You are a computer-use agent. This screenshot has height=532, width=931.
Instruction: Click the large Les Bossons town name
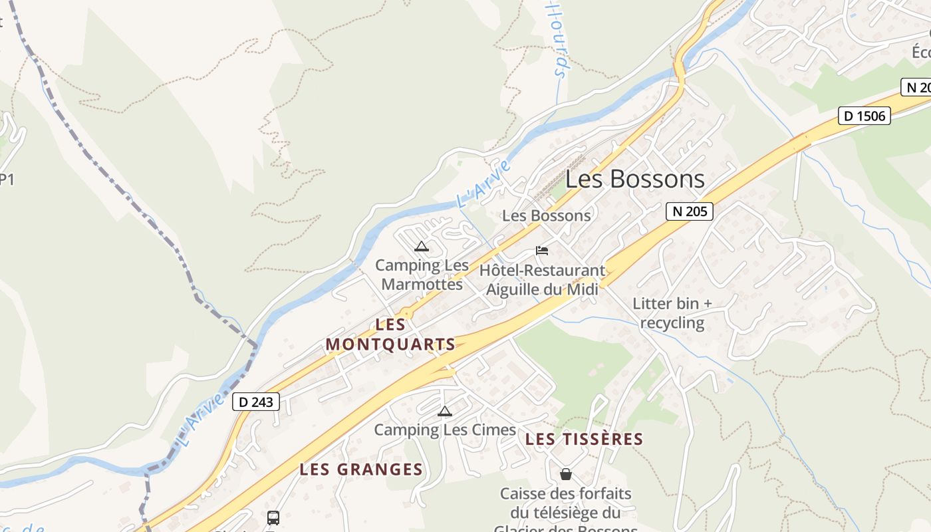(x=635, y=179)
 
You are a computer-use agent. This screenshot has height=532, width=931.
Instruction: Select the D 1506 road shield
(x=864, y=116)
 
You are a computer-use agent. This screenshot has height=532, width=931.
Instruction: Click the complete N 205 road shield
(x=690, y=211)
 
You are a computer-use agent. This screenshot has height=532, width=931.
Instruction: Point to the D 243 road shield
(x=256, y=402)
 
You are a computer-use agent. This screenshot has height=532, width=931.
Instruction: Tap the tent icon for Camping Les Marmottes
(x=421, y=247)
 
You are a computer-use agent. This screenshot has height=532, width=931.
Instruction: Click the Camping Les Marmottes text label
(x=422, y=275)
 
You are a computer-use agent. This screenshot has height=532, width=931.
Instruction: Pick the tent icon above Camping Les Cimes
(x=444, y=411)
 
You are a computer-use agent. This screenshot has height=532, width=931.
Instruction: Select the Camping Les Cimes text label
(x=445, y=430)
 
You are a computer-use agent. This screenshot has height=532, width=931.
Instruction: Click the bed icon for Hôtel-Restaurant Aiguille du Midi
(x=542, y=251)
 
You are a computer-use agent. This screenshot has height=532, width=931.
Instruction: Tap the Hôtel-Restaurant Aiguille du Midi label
(x=543, y=280)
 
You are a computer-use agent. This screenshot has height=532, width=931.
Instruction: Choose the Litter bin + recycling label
(x=672, y=313)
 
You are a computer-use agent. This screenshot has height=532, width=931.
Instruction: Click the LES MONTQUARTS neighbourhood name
(x=391, y=334)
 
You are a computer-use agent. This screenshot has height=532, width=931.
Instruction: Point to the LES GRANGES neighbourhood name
(x=361, y=469)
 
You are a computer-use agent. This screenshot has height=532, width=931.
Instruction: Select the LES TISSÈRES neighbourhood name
(x=584, y=439)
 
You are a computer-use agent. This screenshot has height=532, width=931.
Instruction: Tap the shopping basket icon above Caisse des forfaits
(x=565, y=474)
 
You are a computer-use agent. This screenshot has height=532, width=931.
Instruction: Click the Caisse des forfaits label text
(x=566, y=503)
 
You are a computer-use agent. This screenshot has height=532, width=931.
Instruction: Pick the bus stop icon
(x=273, y=517)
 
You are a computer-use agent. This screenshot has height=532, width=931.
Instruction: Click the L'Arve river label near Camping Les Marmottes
(x=483, y=183)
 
